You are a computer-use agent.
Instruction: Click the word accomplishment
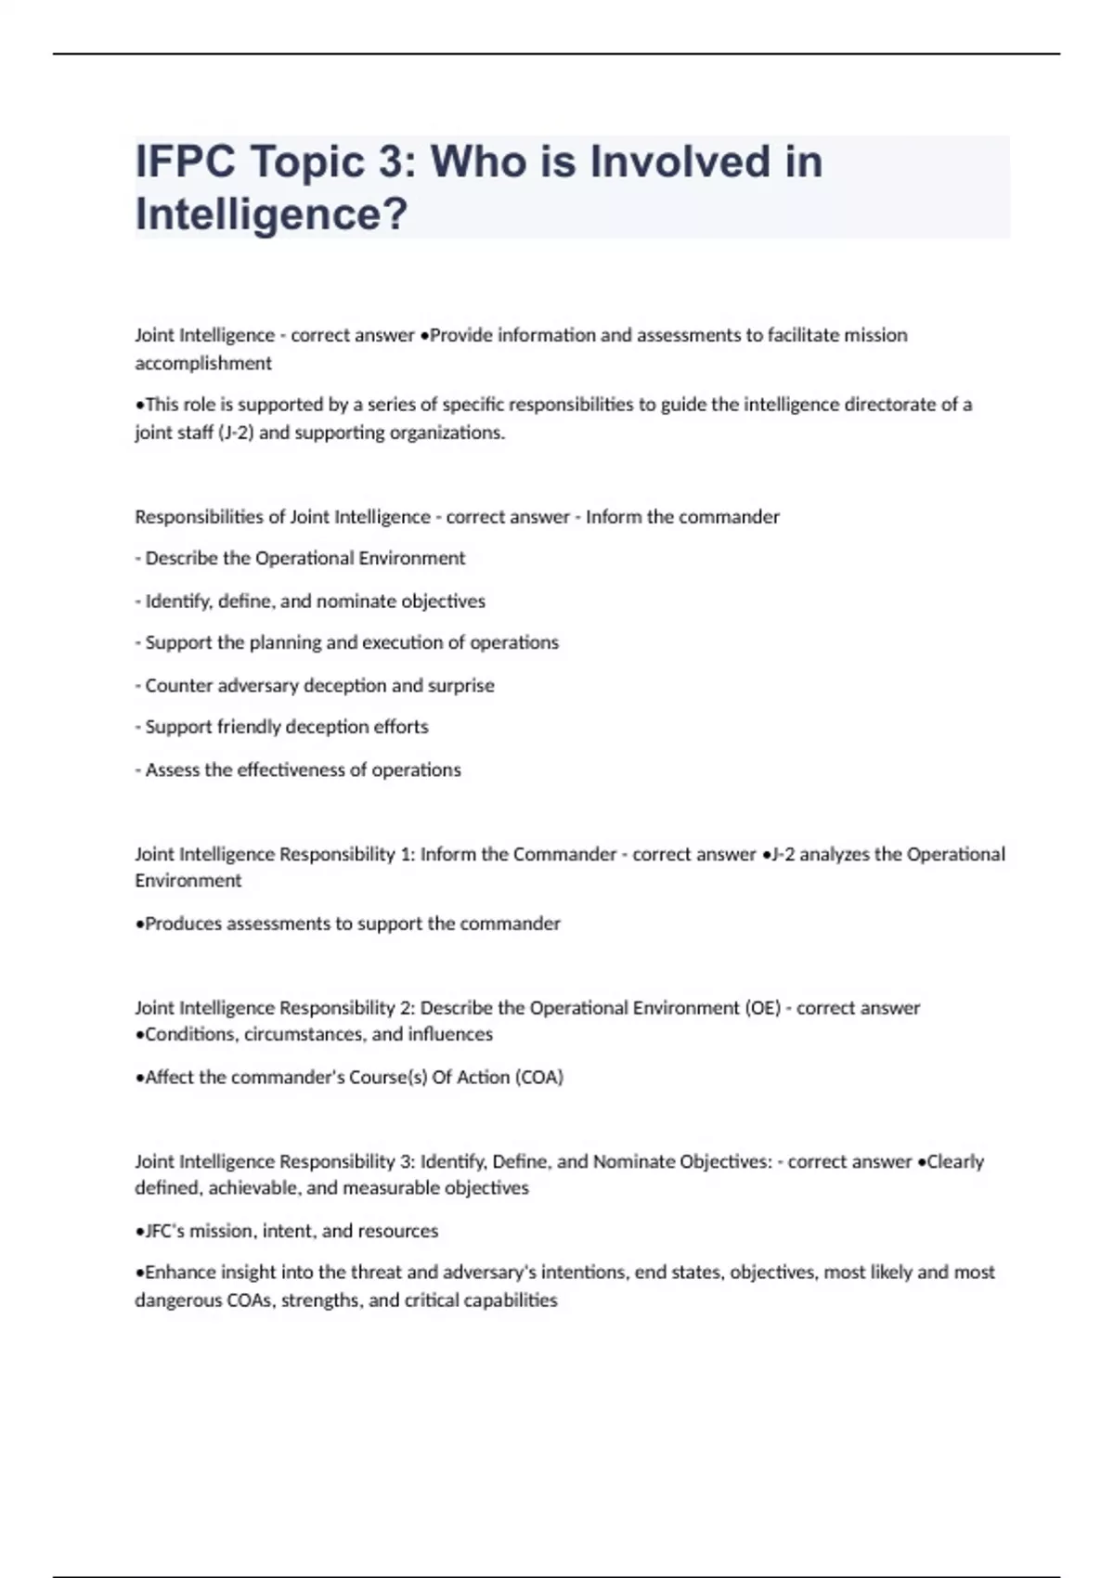coord(203,363)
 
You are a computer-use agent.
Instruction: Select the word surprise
coord(460,686)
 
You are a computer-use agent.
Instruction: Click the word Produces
coord(181,924)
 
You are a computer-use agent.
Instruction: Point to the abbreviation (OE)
coord(762,1008)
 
